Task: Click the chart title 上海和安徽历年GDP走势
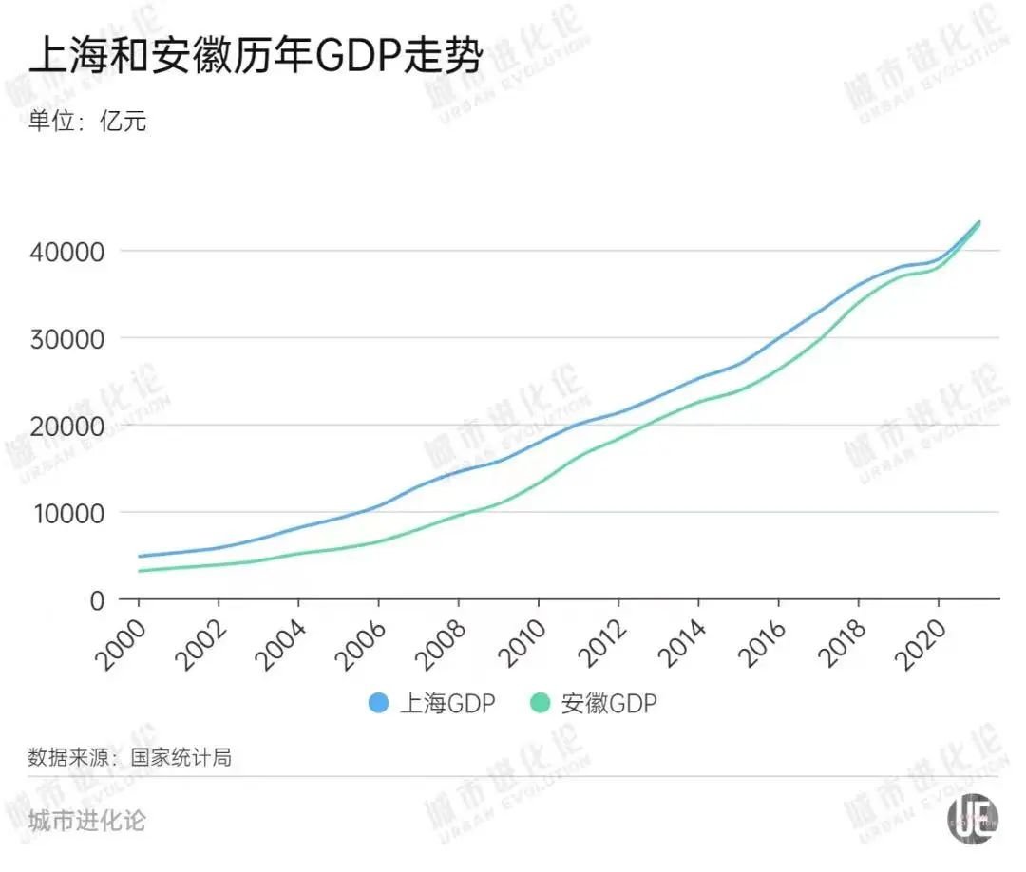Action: coord(256,56)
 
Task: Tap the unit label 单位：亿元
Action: coord(87,122)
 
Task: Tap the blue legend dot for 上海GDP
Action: coord(379,704)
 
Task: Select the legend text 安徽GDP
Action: coord(609,704)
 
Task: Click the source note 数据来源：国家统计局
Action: coord(129,758)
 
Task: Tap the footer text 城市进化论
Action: coord(87,820)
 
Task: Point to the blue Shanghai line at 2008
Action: coord(459,470)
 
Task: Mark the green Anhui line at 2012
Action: coord(618,438)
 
